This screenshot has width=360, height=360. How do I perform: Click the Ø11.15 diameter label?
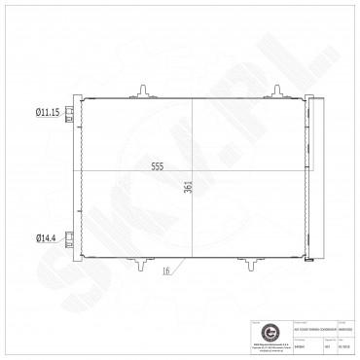(x=48, y=114)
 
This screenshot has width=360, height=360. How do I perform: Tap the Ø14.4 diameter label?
(x=47, y=236)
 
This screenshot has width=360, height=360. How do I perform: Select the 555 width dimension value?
(x=157, y=166)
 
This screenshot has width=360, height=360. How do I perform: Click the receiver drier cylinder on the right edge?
(x=311, y=175)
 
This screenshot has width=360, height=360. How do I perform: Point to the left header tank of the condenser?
(x=82, y=175)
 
